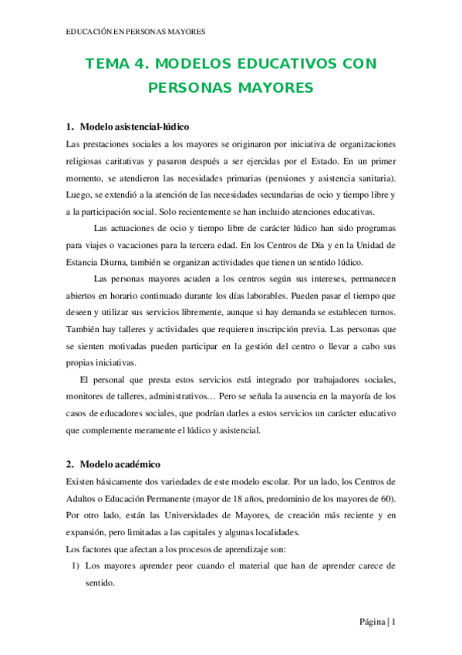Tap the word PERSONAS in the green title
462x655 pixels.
coord(190,88)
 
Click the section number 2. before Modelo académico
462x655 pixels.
coord(69,464)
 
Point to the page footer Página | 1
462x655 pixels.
coord(376,623)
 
